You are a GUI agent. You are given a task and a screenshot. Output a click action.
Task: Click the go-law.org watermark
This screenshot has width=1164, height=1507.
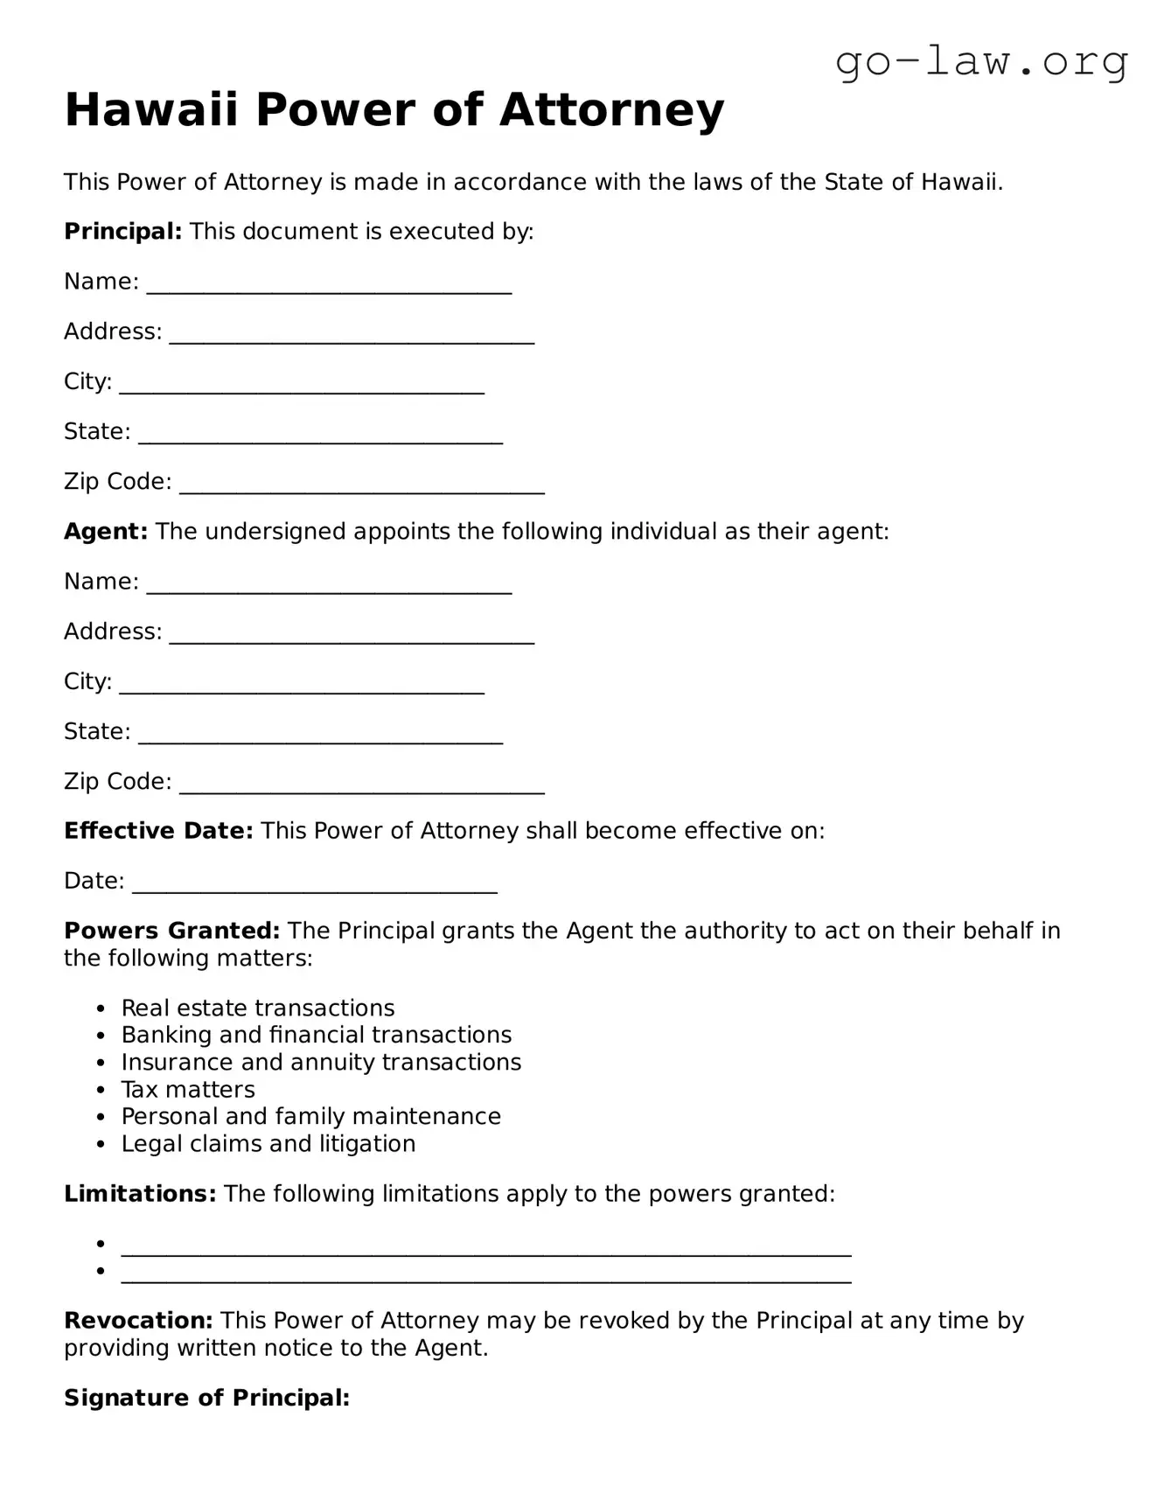(981, 63)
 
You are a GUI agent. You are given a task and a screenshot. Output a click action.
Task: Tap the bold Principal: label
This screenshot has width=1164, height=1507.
(122, 232)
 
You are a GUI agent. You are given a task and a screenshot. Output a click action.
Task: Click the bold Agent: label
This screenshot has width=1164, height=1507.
(106, 532)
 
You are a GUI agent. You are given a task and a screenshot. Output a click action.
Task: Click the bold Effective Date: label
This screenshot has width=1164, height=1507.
(158, 831)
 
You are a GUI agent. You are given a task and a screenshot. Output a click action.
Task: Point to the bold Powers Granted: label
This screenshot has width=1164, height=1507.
(171, 931)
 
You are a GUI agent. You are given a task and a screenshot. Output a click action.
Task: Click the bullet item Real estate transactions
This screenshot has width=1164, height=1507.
(258, 1008)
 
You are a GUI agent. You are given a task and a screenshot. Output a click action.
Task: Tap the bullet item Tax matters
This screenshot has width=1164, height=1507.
(188, 1090)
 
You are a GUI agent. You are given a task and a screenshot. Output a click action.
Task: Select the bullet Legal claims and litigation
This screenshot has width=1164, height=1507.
(268, 1144)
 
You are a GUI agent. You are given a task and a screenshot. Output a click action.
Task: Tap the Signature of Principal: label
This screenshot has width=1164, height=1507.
(206, 1399)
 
